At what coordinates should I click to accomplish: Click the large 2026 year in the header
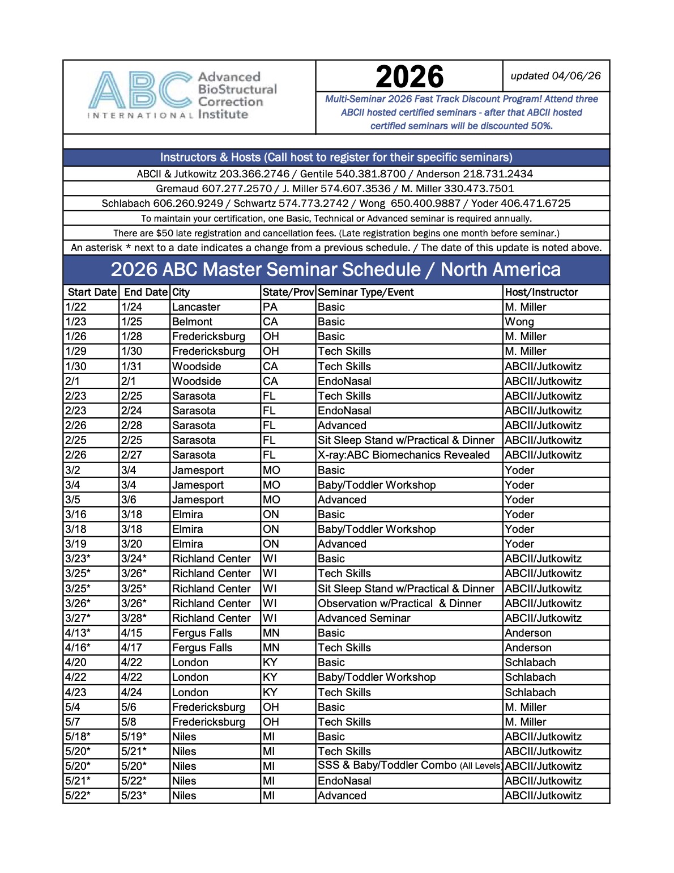tap(409, 77)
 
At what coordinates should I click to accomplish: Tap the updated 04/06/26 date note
tap(555, 76)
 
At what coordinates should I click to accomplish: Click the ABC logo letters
tap(140, 90)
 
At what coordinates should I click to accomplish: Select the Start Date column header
tap(92, 292)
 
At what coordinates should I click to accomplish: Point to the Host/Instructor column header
tap(541, 292)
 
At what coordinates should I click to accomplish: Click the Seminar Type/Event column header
tap(365, 292)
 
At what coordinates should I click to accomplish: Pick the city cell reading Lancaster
tap(196, 307)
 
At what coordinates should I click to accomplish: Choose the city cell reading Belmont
tap(192, 321)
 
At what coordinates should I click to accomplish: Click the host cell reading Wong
tap(519, 321)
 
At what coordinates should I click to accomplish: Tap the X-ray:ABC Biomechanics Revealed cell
tap(403, 455)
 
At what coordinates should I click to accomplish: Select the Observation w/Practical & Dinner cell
tap(399, 603)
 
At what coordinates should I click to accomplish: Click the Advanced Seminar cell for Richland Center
tap(364, 618)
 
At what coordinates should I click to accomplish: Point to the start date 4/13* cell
tap(77, 633)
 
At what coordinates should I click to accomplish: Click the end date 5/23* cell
tap(134, 795)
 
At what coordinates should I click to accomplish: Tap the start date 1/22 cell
tap(76, 307)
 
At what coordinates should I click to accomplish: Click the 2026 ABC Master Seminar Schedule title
tap(335, 269)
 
